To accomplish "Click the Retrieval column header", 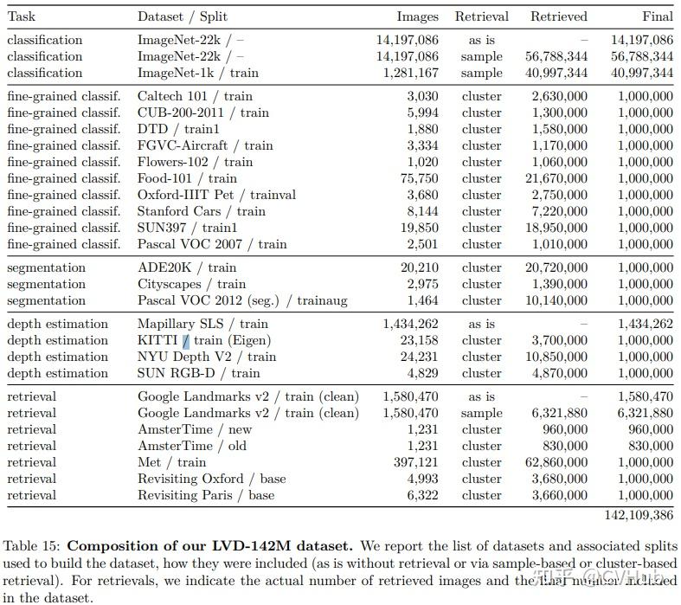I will (x=481, y=16).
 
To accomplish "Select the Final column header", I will (x=658, y=16).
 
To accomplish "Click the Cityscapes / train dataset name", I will (x=191, y=285).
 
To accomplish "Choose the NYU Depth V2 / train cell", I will (x=207, y=357).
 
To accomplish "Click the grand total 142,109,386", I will (x=637, y=515).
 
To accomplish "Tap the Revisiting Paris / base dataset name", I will (x=206, y=496).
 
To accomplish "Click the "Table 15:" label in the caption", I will (x=33, y=547).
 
